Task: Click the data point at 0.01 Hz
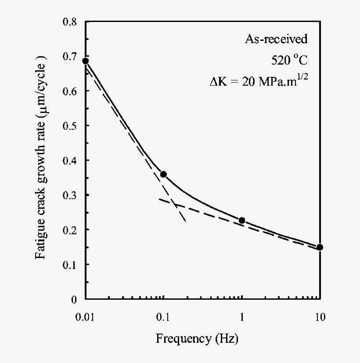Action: [x=86, y=61]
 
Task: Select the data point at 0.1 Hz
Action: [x=163, y=174]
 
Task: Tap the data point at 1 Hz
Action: [x=242, y=220]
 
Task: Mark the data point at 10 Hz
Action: [x=320, y=247]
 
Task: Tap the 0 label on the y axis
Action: [x=75, y=299]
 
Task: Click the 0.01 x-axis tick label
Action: [x=86, y=316]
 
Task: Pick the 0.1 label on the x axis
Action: [x=163, y=316]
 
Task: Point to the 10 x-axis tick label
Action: [x=320, y=316]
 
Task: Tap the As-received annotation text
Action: [x=276, y=39]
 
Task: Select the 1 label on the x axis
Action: [x=242, y=316]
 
